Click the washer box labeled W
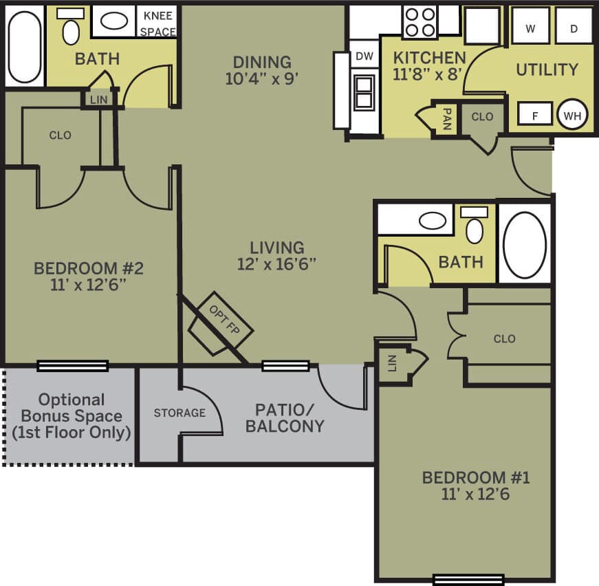[530, 27]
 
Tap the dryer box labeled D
[574, 27]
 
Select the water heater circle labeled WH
[572, 115]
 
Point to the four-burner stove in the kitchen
[420, 21]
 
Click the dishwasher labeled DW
[364, 56]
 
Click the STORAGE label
[179, 413]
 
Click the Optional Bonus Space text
[72, 416]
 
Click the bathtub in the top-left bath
[25, 47]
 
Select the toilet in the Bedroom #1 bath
[475, 227]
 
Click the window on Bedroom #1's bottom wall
[468, 579]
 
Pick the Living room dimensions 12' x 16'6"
[276, 264]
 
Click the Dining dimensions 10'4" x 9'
[261, 78]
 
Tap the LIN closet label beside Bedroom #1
[392, 363]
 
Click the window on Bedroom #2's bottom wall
[72, 365]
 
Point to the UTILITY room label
[547, 69]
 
